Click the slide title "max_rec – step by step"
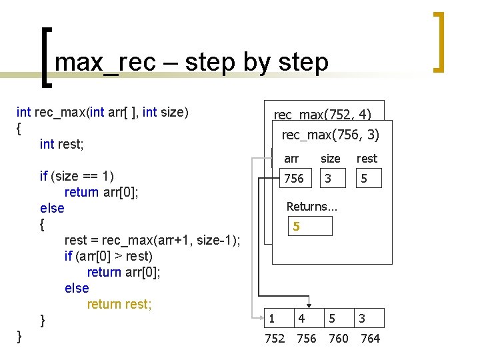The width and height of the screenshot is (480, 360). [191, 63]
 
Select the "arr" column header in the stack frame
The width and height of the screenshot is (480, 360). [291, 159]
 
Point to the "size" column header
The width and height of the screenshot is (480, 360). [330, 159]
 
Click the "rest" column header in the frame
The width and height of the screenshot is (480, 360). [367, 159]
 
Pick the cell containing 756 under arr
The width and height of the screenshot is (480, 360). [294, 178]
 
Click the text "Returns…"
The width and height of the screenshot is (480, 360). [311, 207]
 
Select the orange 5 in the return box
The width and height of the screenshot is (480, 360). [296, 227]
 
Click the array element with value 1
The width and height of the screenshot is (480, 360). [272, 318]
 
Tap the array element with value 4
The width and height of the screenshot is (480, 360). [302, 318]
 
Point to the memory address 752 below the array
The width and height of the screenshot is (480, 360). [275, 339]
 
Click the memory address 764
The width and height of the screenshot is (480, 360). [370, 339]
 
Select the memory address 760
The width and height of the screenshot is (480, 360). [339, 339]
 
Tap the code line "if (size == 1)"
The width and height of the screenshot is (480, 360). [77, 176]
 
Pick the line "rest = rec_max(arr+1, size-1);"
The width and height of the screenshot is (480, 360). [152, 240]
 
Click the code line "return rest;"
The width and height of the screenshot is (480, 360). [119, 304]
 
